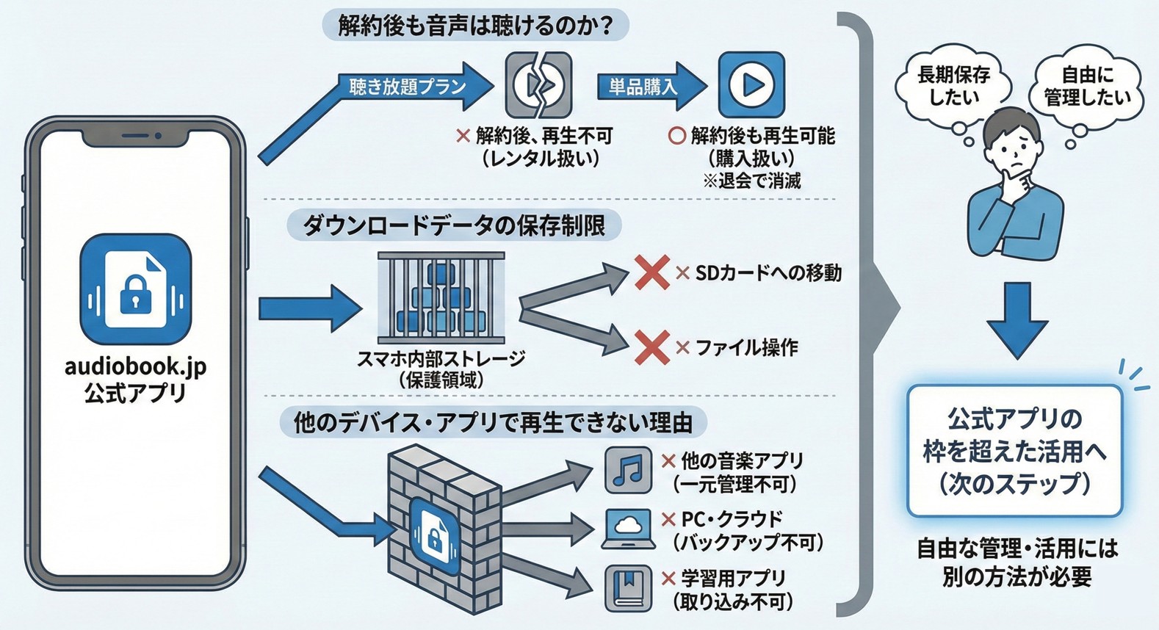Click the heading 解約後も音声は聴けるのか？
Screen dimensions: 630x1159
[x=475, y=26]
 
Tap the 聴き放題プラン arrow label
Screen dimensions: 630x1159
[x=408, y=87]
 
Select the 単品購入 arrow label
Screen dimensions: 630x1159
[x=643, y=87]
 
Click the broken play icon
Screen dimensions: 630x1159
[x=538, y=85]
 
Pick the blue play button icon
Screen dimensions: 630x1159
[x=751, y=84]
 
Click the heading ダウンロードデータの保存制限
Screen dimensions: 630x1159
[x=454, y=225]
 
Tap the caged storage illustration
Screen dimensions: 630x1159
[x=441, y=297]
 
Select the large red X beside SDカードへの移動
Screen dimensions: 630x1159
[x=651, y=272]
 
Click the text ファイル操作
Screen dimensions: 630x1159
[x=746, y=347]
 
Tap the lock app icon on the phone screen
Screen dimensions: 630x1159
[x=136, y=289]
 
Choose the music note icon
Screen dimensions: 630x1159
[x=628, y=469]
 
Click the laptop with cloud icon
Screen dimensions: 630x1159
[x=628, y=529]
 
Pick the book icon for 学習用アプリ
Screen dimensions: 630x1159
[x=628, y=587]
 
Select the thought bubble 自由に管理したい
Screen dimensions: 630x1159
[x=1087, y=86]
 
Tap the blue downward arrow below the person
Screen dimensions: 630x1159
[x=1017, y=319]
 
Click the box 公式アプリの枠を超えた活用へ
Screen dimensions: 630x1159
[x=1014, y=450]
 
